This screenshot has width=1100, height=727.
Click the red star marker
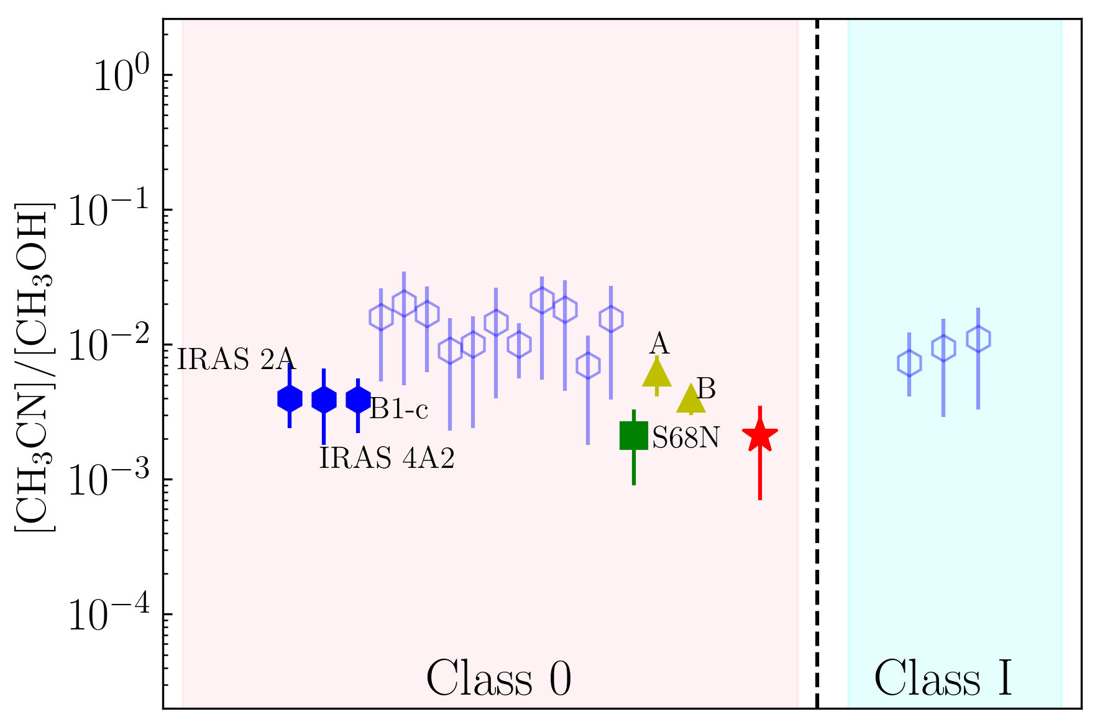(x=759, y=436)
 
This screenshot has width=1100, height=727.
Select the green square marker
(x=633, y=435)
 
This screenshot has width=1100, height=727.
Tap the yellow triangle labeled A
(x=657, y=373)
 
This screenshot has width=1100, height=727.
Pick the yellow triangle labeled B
(x=690, y=400)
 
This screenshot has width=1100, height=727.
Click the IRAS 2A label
(x=236, y=359)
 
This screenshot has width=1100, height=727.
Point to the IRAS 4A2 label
(x=387, y=459)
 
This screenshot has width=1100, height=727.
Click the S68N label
(x=685, y=439)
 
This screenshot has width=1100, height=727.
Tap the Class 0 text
(x=498, y=679)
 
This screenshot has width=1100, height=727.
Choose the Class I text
(x=943, y=679)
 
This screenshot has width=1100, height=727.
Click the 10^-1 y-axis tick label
(x=109, y=211)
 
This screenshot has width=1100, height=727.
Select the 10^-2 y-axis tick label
(x=109, y=345)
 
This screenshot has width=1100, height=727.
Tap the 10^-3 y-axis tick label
(x=109, y=480)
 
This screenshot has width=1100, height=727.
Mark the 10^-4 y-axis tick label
(x=109, y=615)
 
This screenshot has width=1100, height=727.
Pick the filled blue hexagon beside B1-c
(x=358, y=400)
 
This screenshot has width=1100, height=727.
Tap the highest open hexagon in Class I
(x=978, y=339)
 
